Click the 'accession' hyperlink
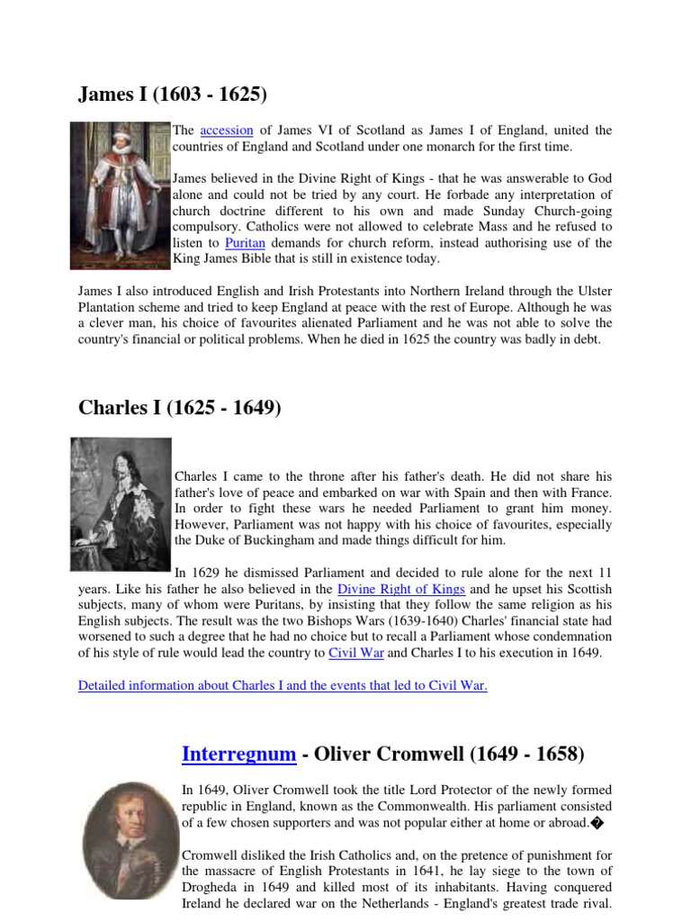coord(227,131)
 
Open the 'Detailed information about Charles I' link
coord(283,685)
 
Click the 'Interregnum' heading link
coord(238,754)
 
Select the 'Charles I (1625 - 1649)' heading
coord(180,408)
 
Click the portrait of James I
coord(120,195)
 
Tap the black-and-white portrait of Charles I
coord(121,503)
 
